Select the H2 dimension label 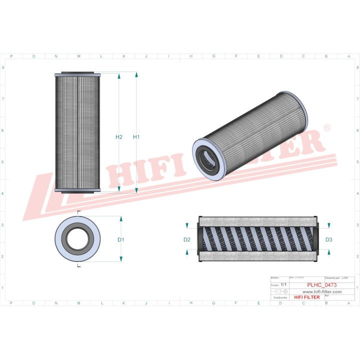pos(119,137)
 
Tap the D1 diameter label pos(120,240)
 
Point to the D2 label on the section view pos(187,240)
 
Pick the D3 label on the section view pos(328,240)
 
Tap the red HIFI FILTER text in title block pos(306,297)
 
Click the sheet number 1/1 pos(283,284)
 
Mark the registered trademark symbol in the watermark pos(326,128)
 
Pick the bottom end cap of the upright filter pos(78,190)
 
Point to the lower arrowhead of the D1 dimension pos(120,259)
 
